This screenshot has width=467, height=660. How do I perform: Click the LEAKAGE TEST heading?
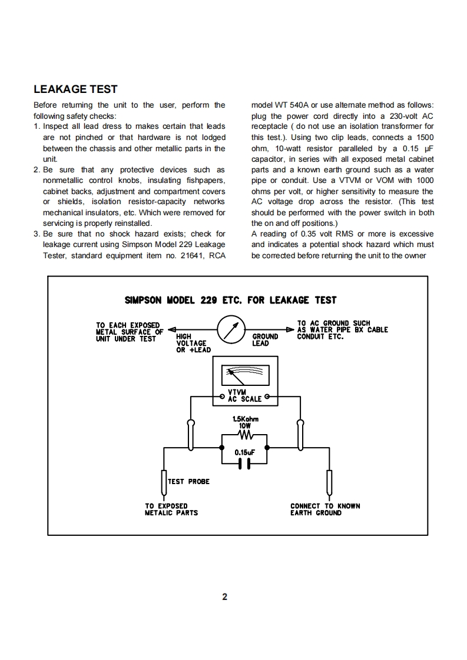pyautogui.click(x=75, y=89)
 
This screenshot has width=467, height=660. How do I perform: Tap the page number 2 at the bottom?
pyautogui.click(x=224, y=598)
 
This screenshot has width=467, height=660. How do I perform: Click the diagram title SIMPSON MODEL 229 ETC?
pyautogui.click(x=230, y=300)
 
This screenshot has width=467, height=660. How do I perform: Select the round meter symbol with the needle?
pyautogui.click(x=231, y=329)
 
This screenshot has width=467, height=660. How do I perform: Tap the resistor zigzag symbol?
pyautogui.click(x=245, y=436)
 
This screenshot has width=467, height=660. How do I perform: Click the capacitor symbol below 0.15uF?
pyautogui.click(x=245, y=464)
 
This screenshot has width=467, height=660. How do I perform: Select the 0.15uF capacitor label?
pyautogui.click(x=245, y=453)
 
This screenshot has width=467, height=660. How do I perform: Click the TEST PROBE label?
pyautogui.click(x=188, y=482)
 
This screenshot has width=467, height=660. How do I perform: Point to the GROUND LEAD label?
pyautogui.click(x=265, y=340)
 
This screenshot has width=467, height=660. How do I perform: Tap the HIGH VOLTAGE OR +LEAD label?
pyautogui.click(x=193, y=344)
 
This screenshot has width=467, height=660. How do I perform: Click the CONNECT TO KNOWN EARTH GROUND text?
pyautogui.click(x=324, y=509)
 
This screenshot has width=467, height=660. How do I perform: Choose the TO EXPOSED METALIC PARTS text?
pyautogui.click(x=171, y=509)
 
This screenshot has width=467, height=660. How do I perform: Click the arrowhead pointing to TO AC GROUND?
pyautogui.click(x=290, y=329)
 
